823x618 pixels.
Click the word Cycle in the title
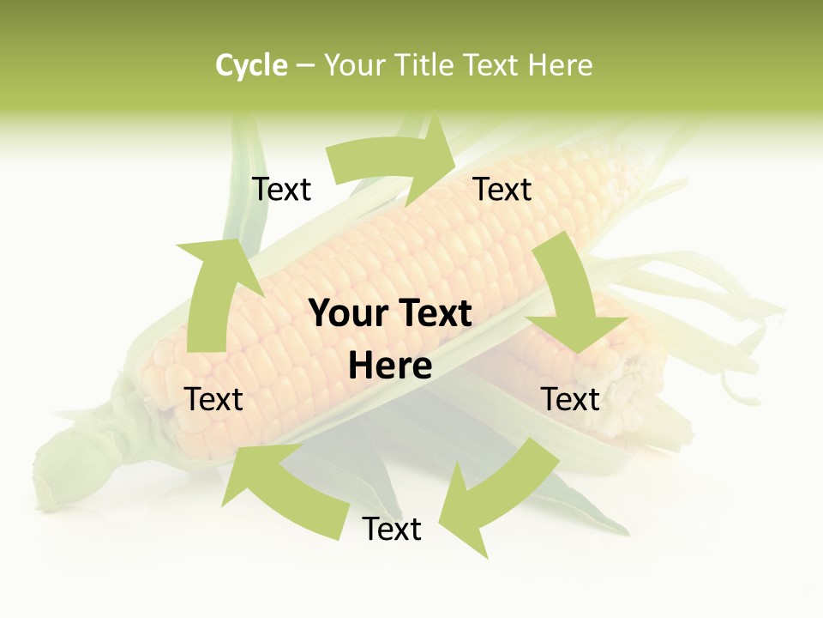[x=251, y=65]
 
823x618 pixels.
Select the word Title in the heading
[x=428, y=65]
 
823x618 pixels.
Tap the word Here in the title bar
[x=560, y=65]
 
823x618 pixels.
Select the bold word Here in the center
[x=390, y=367]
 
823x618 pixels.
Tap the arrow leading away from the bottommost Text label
[x=283, y=489]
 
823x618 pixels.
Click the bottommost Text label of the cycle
[x=392, y=529]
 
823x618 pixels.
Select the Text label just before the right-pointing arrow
[x=281, y=189]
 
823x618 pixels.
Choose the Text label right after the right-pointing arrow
[x=502, y=189]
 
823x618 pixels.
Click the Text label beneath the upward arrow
[x=213, y=399]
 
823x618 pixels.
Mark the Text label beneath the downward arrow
[x=570, y=399]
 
